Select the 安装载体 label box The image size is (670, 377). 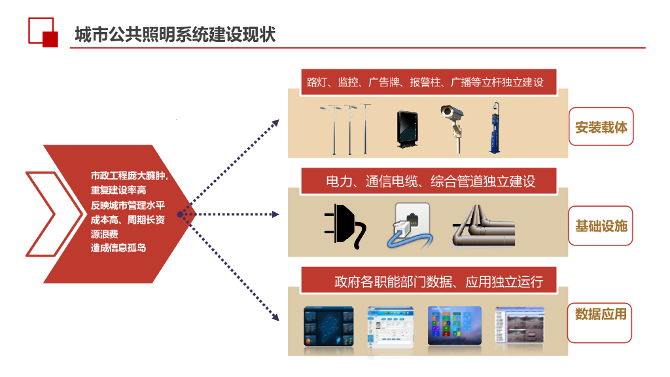pyautogui.click(x=601, y=127)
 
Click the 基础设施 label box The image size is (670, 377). pyautogui.click(x=601, y=226)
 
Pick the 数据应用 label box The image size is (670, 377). pyautogui.click(x=600, y=315)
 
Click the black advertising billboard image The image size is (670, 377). pyautogui.click(x=406, y=129)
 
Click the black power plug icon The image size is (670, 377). pyautogui.click(x=344, y=226)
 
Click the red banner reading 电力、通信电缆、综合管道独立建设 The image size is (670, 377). pyautogui.click(x=429, y=181)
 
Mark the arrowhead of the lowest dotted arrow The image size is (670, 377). pyautogui.click(x=275, y=319)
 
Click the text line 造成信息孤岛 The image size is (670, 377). pyautogui.click(x=118, y=247)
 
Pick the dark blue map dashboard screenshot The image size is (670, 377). pyautogui.click(x=328, y=326)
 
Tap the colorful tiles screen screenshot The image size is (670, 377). pyautogui.click(x=454, y=325)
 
